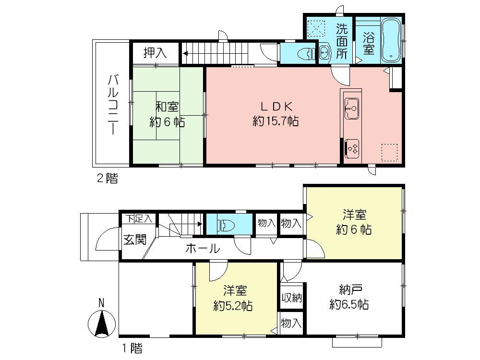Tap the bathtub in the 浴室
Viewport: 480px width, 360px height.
[x=391, y=41]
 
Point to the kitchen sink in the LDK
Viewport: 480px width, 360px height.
[x=351, y=108]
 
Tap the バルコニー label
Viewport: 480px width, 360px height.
[x=113, y=104]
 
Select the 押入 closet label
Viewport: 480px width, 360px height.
[x=155, y=53]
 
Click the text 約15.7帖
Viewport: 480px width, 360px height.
[x=276, y=121]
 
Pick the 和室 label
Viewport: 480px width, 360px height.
[x=167, y=108]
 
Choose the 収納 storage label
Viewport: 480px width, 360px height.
[x=291, y=298]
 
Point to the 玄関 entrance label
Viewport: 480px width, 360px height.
[x=134, y=240]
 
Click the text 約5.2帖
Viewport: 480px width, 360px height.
[x=234, y=305]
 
